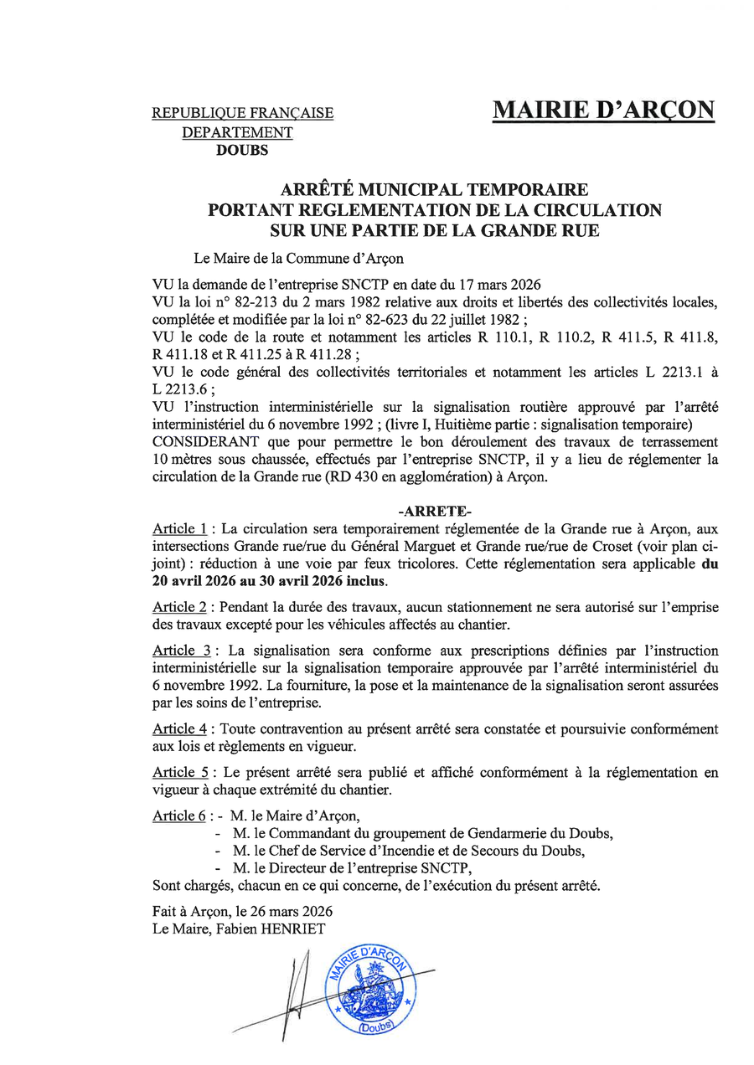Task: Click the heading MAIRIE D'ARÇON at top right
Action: [x=603, y=110]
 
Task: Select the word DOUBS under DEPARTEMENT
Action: [x=242, y=151]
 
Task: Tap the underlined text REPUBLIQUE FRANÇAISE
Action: [x=242, y=113]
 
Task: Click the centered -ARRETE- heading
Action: [x=435, y=511]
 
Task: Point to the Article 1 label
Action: [x=179, y=529]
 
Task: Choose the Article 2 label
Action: [x=179, y=606]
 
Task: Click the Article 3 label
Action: [x=181, y=651]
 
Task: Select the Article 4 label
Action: [x=179, y=729]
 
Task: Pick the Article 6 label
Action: [x=178, y=816]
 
